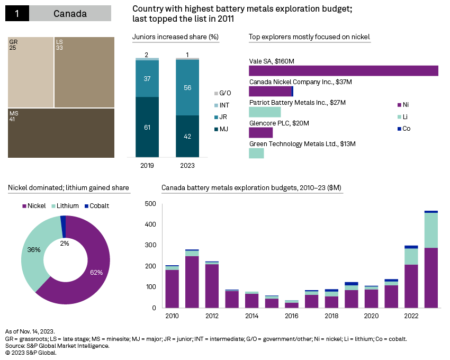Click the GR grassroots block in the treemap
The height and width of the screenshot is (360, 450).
pos(31,72)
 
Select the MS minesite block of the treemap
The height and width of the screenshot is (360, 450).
pos(61,133)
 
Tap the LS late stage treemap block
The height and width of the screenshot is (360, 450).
pos(84,72)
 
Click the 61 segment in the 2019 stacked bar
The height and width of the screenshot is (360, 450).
pos(147,127)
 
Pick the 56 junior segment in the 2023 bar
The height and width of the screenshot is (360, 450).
pos(187,88)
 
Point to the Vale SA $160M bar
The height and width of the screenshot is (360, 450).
pos(343,71)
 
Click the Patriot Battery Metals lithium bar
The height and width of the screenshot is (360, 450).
pos(265,112)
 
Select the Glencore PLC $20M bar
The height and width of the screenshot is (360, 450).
pos(260,132)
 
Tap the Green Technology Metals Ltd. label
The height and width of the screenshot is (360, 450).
pos(302,143)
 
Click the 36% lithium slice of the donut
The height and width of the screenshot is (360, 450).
pos(34,249)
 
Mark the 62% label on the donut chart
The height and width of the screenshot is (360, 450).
pos(96,272)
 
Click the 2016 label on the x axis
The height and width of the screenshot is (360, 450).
pos(292,316)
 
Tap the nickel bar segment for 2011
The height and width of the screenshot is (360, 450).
pos(192,282)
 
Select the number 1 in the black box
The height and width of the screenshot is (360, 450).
pos(17,14)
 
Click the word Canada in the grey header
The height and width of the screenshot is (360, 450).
pos(70,14)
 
